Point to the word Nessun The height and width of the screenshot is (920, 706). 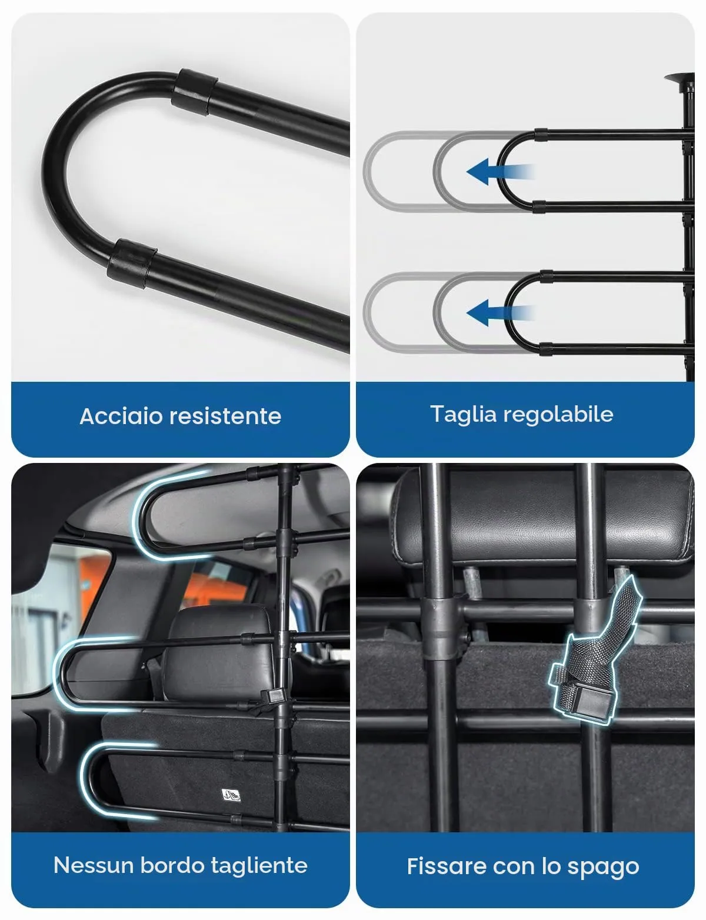[x=94, y=865]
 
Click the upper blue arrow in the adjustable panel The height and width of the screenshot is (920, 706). [x=499, y=172]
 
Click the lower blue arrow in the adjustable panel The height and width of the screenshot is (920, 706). [x=499, y=313]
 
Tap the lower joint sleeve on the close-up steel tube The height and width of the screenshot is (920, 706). [x=131, y=265]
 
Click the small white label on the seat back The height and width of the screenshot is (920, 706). [x=231, y=795]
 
